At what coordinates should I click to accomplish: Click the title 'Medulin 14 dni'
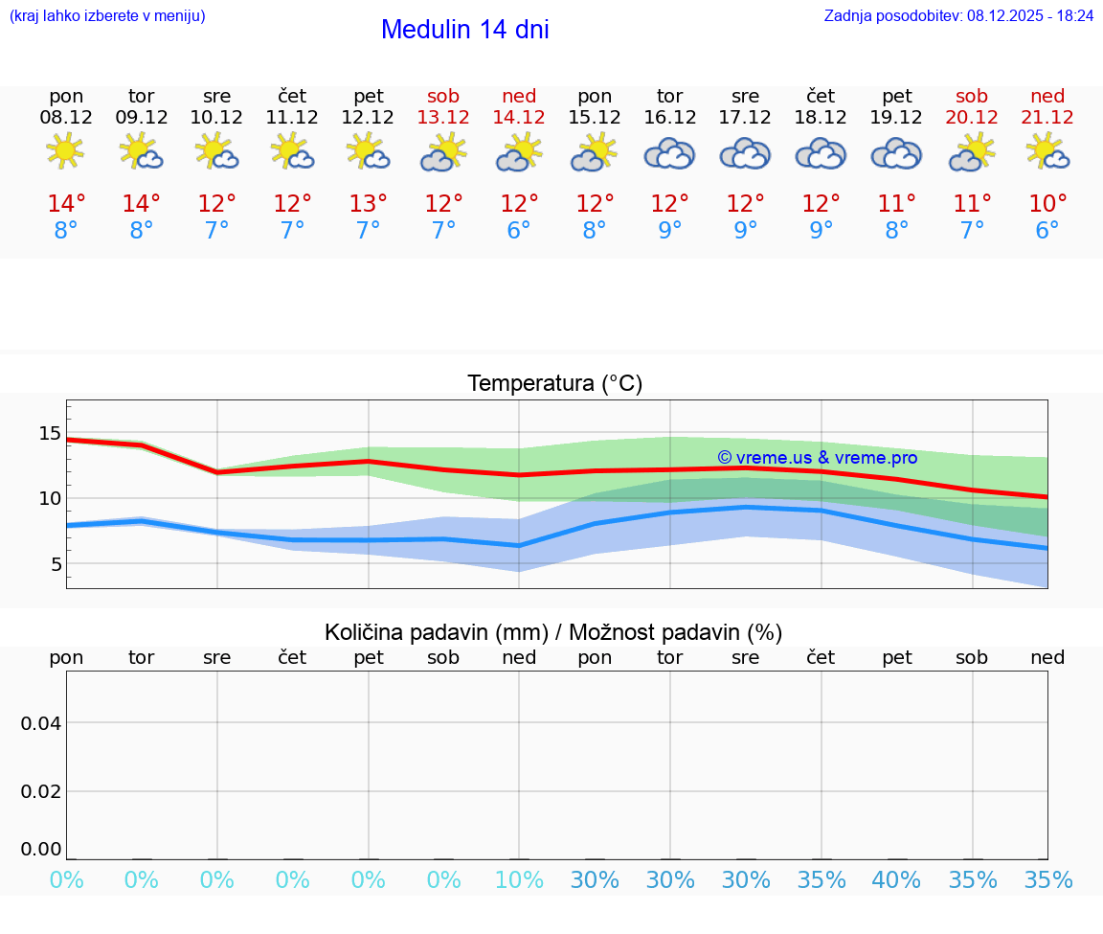(x=464, y=30)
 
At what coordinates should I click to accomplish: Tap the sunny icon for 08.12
(x=65, y=151)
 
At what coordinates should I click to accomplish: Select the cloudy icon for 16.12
(x=669, y=153)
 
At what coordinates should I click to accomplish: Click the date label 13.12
(x=443, y=117)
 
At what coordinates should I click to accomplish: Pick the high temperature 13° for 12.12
(x=369, y=204)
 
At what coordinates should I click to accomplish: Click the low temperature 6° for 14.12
(x=519, y=231)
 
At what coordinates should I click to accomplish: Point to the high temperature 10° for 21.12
(x=1047, y=204)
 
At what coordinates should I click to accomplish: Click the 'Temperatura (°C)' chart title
(x=554, y=384)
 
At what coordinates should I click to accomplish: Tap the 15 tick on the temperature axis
(x=50, y=433)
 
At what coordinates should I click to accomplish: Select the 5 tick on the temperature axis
(x=56, y=564)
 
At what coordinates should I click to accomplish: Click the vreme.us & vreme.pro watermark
(x=817, y=458)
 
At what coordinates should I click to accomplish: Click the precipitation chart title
(x=553, y=632)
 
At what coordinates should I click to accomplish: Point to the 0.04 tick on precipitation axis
(x=42, y=723)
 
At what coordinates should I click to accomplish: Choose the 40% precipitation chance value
(x=896, y=879)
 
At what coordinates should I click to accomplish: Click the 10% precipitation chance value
(x=519, y=879)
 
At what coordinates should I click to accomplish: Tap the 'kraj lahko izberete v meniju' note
(x=106, y=15)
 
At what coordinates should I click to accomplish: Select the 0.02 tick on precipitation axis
(x=42, y=791)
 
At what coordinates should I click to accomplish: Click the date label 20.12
(x=972, y=117)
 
